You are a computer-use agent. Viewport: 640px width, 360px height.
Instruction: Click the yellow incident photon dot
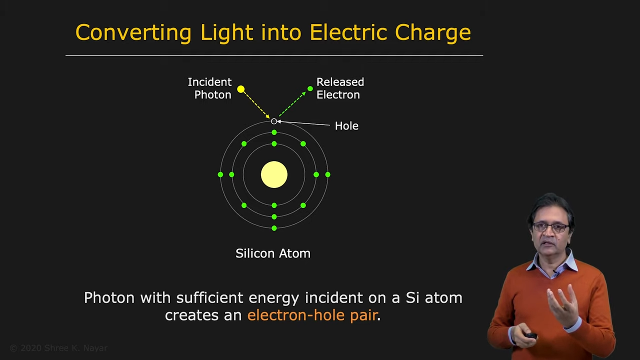(x=241, y=89)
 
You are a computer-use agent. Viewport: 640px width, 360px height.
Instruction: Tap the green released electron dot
(x=310, y=89)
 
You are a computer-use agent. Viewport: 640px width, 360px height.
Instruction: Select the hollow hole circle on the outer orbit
(x=273, y=121)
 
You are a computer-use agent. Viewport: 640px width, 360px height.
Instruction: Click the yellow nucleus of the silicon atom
(x=274, y=174)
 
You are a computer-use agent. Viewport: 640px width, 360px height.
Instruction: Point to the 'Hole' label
(x=346, y=125)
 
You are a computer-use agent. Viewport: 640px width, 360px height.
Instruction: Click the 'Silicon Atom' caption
(x=273, y=253)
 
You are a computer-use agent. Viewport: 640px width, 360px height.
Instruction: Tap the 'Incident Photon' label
(x=209, y=88)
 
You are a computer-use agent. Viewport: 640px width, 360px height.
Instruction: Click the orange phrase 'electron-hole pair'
(x=312, y=315)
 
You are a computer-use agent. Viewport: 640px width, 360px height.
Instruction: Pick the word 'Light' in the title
(x=226, y=32)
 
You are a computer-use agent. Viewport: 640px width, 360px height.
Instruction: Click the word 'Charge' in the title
(x=433, y=32)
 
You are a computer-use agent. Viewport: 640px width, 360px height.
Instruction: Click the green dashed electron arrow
(x=292, y=104)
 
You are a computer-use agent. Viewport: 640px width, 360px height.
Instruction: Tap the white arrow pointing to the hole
(x=303, y=123)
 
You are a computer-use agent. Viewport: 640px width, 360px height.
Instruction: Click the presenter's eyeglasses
(x=550, y=227)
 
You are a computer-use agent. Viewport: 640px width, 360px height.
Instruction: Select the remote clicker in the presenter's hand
(x=531, y=335)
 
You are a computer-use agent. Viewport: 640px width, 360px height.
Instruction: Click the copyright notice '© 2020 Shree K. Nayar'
(x=58, y=348)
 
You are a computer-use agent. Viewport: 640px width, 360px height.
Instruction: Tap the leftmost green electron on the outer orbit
(x=220, y=174)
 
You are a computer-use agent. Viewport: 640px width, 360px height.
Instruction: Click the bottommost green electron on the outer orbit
(x=274, y=228)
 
